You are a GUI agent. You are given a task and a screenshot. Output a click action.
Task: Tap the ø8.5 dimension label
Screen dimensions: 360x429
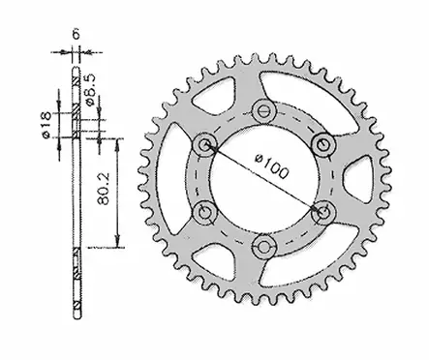point(88,96)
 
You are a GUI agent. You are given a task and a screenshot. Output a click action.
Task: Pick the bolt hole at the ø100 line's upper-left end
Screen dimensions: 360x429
point(204,145)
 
